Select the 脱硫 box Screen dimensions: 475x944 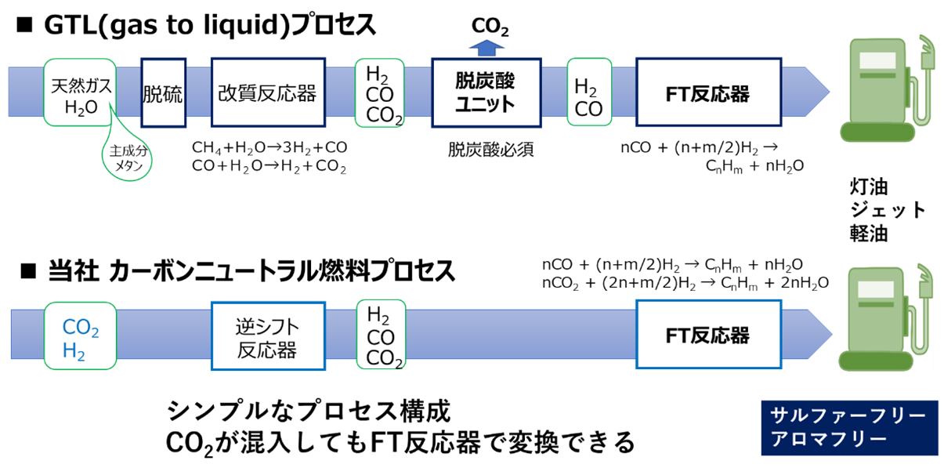click(x=163, y=93)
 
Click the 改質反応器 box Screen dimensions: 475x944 click(x=268, y=92)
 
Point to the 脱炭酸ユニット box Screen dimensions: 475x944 click(x=486, y=92)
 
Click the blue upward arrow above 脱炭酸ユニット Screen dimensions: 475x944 click(x=486, y=48)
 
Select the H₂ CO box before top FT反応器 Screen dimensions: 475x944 click(x=589, y=92)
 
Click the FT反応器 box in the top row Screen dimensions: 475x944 click(x=707, y=92)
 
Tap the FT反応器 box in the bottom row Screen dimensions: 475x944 click(x=707, y=333)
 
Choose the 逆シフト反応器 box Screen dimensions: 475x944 click(x=268, y=335)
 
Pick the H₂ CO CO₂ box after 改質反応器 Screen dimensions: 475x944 click(x=379, y=92)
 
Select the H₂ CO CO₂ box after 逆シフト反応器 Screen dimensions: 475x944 click(x=380, y=335)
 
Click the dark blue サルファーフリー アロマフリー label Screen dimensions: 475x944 click(x=849, y=428)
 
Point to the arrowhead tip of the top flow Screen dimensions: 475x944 click(x=828, y=92)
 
